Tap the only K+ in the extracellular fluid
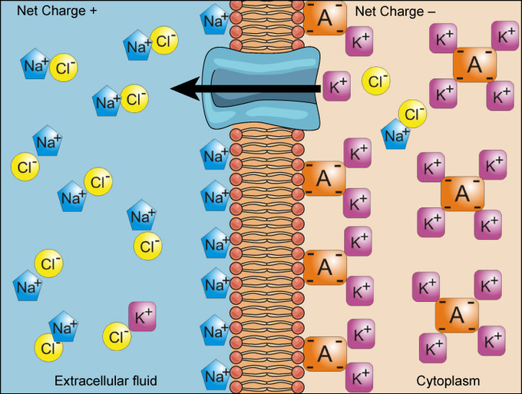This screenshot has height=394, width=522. point(142,316)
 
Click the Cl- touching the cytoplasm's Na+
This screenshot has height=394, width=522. point(412,115)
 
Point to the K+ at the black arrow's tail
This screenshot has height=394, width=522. point(337,85)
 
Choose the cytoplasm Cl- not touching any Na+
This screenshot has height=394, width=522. point(376,80)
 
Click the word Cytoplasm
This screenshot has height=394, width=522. point(448,380)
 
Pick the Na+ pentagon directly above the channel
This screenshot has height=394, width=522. point(214,20)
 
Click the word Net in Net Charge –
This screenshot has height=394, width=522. point(365,12)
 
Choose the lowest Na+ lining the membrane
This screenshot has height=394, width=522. point(214,376)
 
